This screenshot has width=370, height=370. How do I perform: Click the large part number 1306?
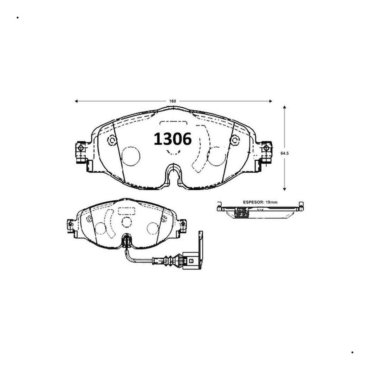coord(172,139)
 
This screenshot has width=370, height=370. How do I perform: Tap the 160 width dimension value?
coord(173,101)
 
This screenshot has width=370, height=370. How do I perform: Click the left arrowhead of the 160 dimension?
coord(76,101)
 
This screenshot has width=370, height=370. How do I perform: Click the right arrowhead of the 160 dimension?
coord(271,101)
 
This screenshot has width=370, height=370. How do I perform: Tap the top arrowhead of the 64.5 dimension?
coord(285,107)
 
